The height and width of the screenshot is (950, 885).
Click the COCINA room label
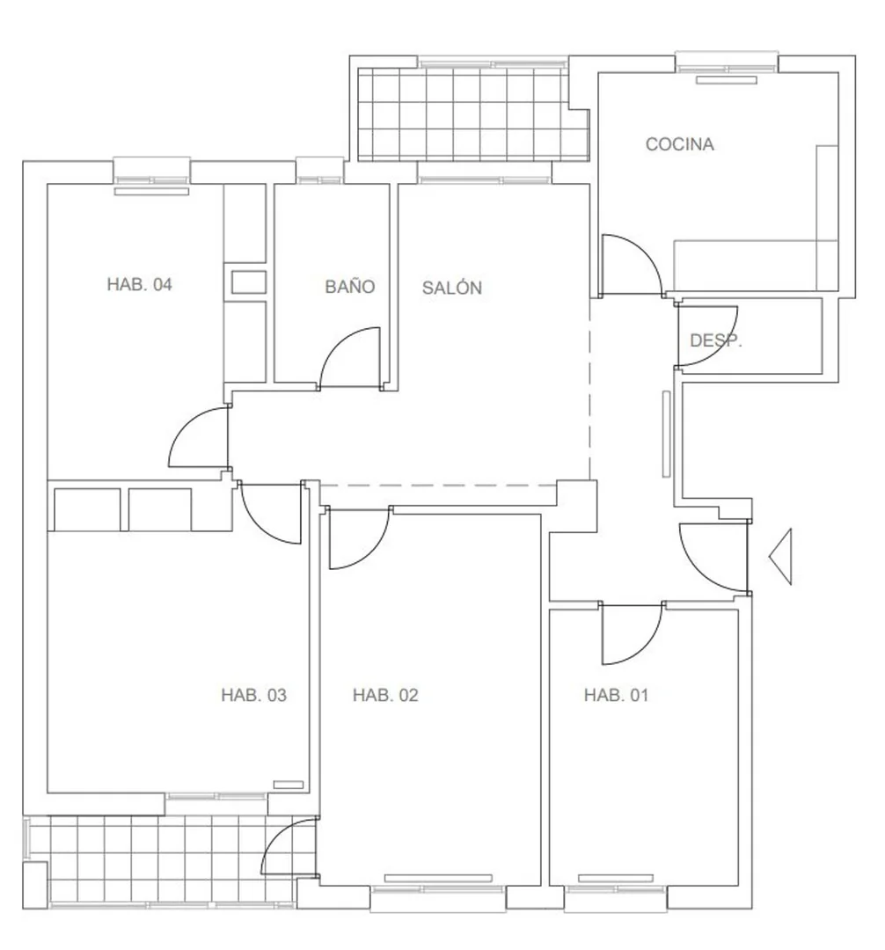(679, 144)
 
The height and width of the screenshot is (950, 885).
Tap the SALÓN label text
(452, 287)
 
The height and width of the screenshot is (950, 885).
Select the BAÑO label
(349, 285)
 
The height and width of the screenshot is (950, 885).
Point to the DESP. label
(715, 340)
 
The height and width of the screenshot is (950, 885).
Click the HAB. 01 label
(616, 695)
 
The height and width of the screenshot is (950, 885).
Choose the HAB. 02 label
(385, 695)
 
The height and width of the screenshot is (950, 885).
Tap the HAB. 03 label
(253, 695)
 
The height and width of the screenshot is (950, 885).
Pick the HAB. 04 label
(139, 284)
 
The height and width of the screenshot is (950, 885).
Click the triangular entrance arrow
(780, 556)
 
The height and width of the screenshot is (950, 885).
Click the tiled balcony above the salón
(473, 113)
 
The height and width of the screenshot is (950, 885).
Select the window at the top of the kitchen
(727, 62)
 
